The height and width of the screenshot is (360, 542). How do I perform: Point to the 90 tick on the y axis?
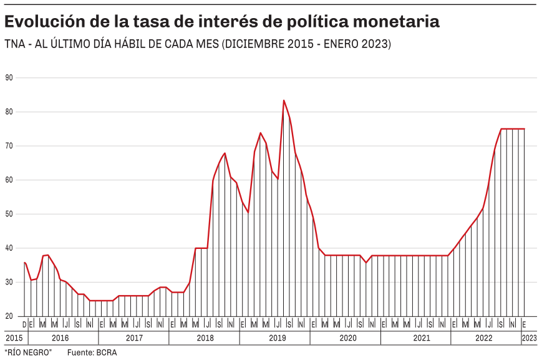[x=9, y=77]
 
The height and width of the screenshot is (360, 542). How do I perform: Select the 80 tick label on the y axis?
[x=9, y=112]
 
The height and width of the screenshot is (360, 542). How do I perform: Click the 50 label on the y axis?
[x=9, y=214]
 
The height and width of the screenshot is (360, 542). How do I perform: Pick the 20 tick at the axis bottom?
[x=9, y=316]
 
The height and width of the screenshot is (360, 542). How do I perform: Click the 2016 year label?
[x=60, y=338]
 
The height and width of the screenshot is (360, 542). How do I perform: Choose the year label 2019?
[x=275, y=338]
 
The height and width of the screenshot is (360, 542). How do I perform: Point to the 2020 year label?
[x=347, y=338]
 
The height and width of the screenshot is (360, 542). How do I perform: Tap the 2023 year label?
[x=529, y=338]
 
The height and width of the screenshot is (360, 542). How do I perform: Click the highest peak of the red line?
[x=284, y=100]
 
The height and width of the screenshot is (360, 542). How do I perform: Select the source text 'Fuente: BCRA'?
[x=92, y=353]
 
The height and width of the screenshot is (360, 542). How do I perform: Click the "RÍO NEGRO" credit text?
[x=28, y=353]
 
